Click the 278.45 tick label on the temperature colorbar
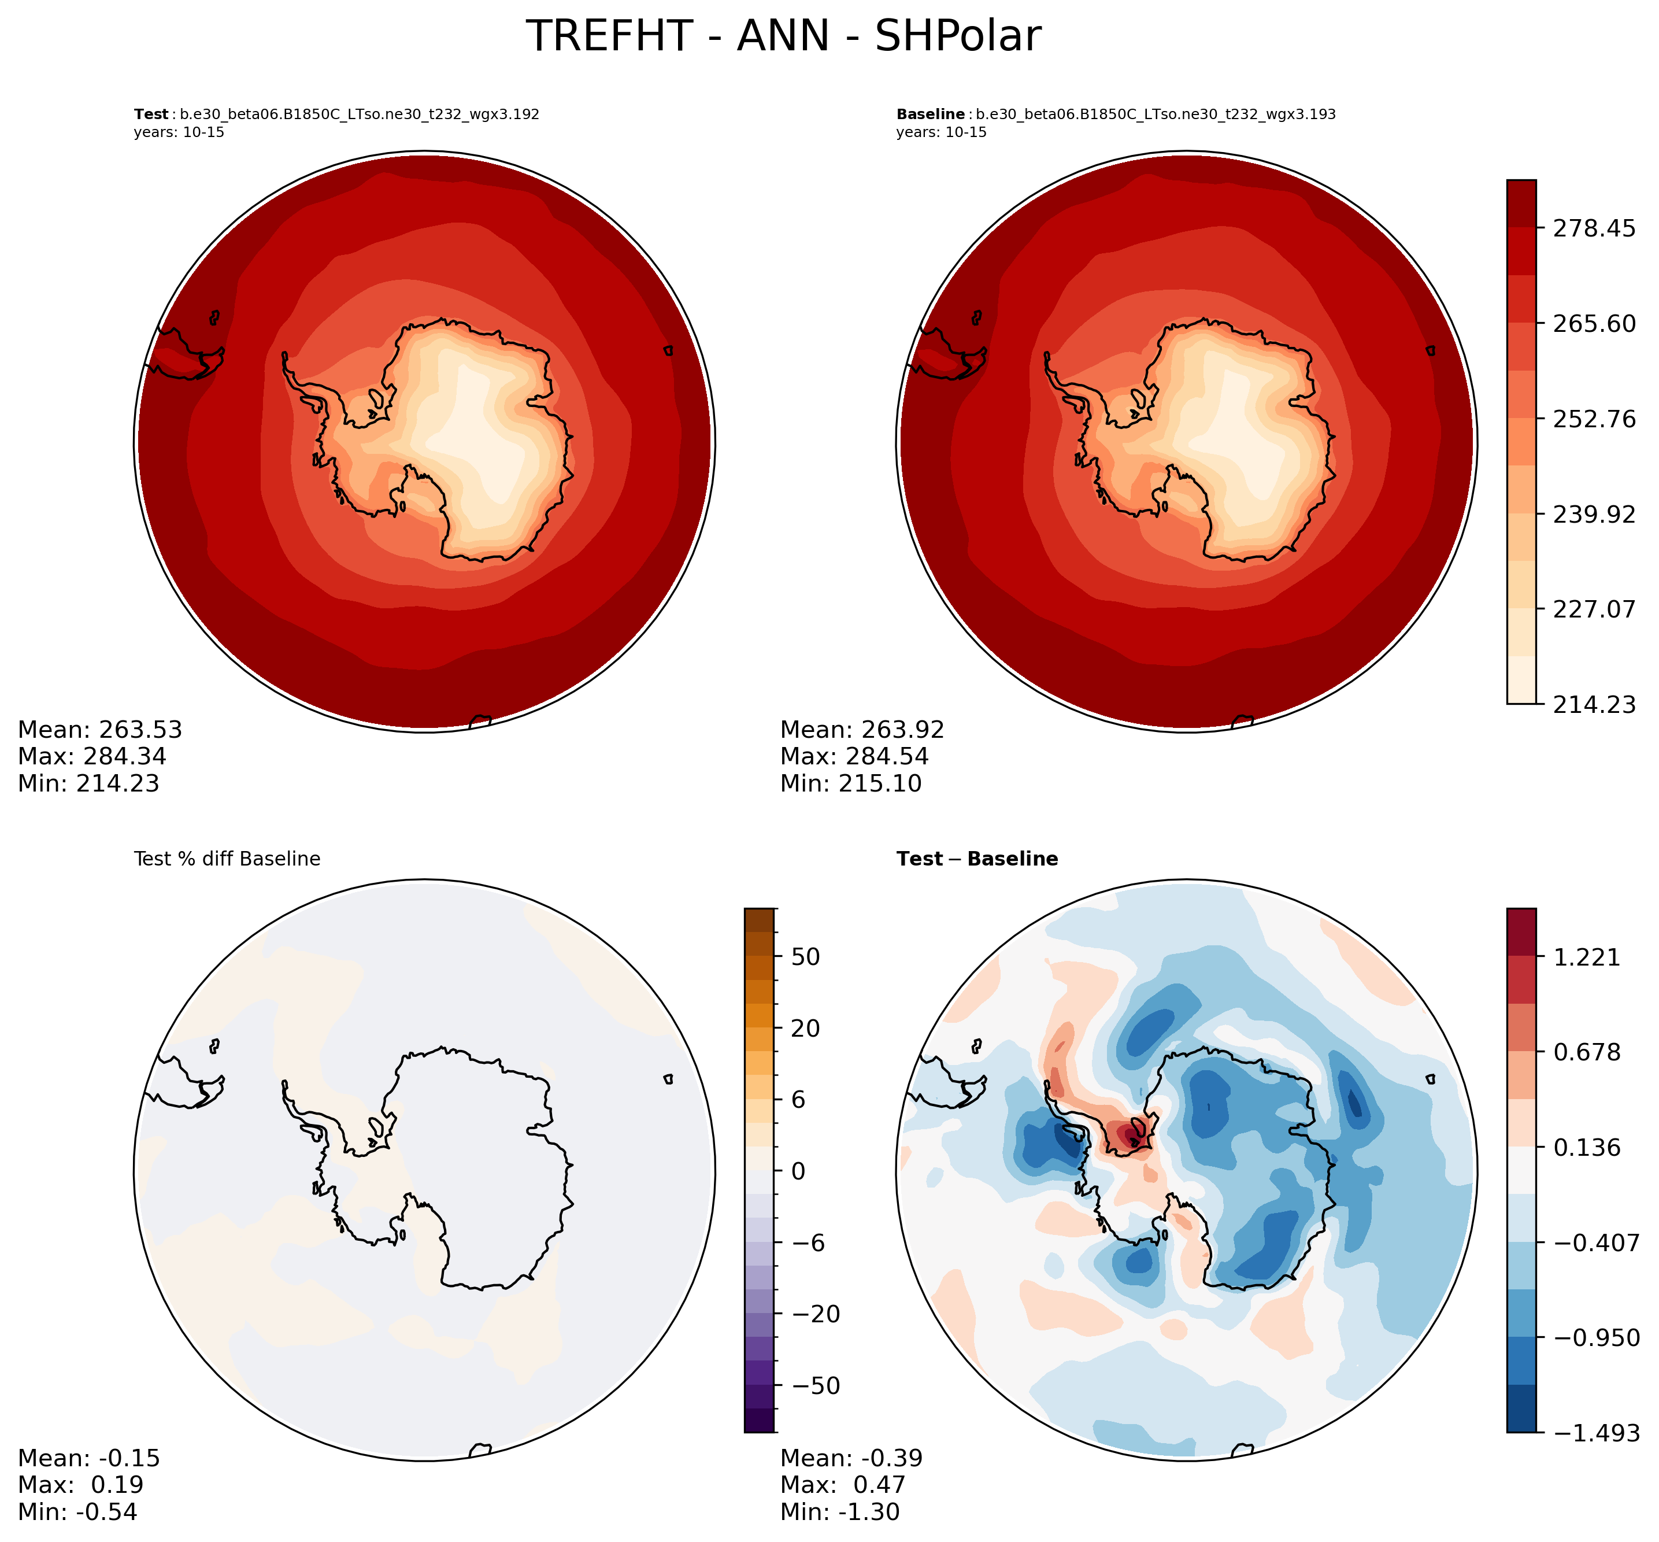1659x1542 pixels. (1594, 228)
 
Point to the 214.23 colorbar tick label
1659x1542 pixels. (1594, 704)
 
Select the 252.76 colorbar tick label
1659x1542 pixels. (1594, 418)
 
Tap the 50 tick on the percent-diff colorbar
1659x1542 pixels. (804, 956)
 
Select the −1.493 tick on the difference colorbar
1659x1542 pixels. (1594, 1433)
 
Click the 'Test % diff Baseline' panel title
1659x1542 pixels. (227, 859)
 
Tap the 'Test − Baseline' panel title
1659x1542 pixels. (977, 859)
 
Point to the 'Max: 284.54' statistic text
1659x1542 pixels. (854, 756)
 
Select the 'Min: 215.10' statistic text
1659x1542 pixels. (851, 783)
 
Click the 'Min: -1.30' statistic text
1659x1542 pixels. (839, 1511)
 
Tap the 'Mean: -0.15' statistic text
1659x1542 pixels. (88, 1458)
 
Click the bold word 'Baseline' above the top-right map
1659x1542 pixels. (930, 114)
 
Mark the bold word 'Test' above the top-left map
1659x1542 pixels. (151, 114)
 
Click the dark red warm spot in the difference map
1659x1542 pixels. (1130, 1135)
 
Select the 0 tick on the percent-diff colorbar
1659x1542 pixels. (798, 1171)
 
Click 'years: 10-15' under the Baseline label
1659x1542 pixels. (941, 132)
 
